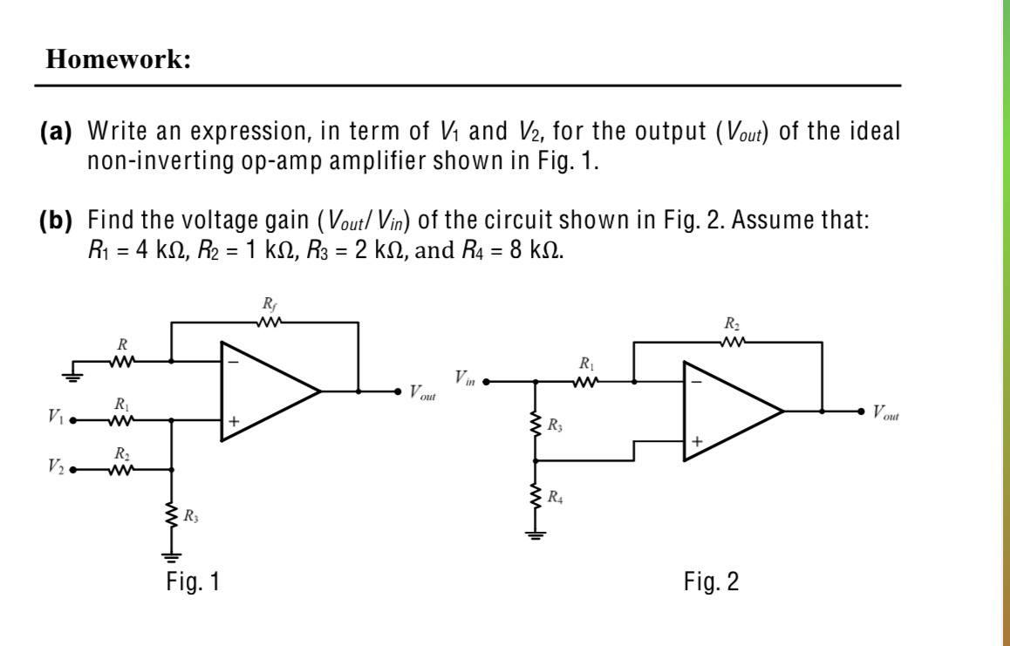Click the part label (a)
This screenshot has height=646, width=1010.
point(56,133)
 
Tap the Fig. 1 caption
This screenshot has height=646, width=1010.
point(193,581)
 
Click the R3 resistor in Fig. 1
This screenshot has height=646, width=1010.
point(171,515)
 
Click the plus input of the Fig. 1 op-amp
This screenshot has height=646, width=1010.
point(233,421)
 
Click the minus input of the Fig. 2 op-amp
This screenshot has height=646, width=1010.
point(696,380)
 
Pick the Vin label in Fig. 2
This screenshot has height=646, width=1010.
point(465,377)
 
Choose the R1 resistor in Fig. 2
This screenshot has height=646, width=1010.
point(586,381)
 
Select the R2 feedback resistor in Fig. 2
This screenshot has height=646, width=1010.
point(730,343)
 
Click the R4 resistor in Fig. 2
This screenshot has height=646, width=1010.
point(535,498)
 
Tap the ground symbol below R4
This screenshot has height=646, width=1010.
point(535,535)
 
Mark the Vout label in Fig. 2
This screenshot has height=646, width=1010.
point(884,412)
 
